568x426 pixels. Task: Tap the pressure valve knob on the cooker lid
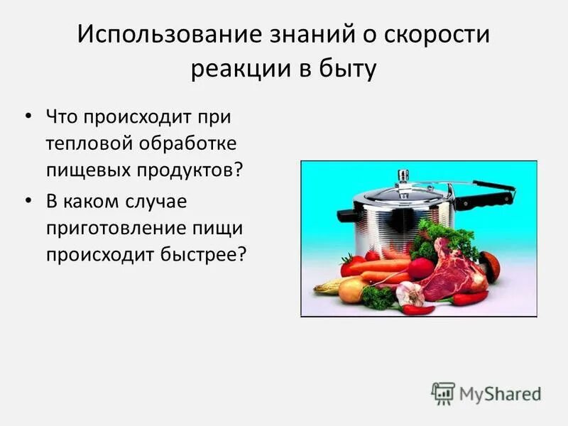403,175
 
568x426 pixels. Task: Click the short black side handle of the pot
349,214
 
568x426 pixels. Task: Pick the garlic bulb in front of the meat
410,293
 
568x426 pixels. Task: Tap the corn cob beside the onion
327,286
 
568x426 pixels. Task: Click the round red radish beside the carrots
421,268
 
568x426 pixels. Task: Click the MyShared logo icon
444,393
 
